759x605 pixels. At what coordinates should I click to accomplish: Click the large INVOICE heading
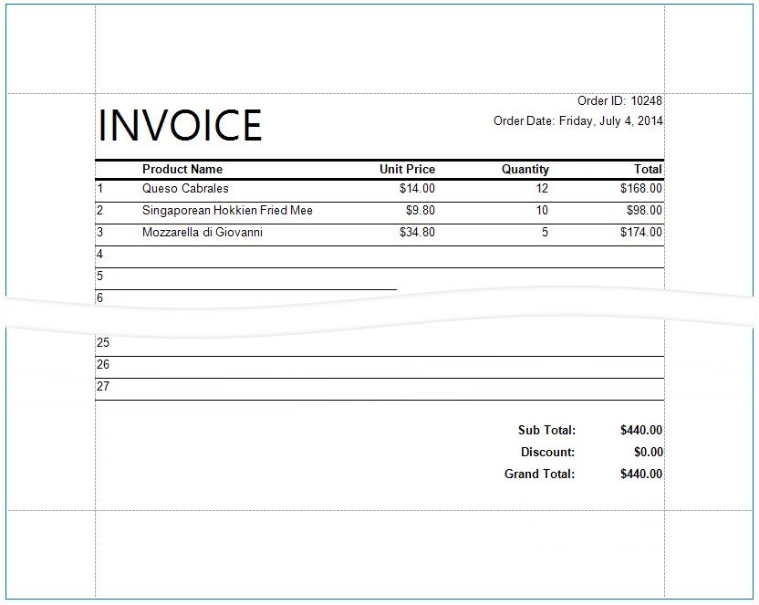pyautogui.click(x=180, y=125)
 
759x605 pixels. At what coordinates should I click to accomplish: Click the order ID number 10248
pyautogui.click(x=646, y=100)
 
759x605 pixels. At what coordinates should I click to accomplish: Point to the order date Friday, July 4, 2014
pyautogui.click(x=611, y=120)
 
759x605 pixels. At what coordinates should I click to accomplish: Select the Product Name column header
pyautogui.click(x=182, y=169)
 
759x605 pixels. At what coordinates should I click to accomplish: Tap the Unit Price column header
pyautogui.click(x=407, y=169)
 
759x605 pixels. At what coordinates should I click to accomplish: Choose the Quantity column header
pyautogui.click(x=525, y=169)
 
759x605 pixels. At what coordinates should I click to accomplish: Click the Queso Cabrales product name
pyautogui.click(x=185, y=189)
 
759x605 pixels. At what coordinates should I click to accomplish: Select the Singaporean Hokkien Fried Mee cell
pyautogui.click(x=227, y=211)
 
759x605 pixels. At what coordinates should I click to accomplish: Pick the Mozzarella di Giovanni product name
pyautogui.click(x=203, y=233)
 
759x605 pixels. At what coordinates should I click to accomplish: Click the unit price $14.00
pyautogui.click(x=417, y=189)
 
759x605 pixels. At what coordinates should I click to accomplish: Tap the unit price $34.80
pyautogui.click(x=417, y=233)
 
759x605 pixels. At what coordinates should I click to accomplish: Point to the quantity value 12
pyautogui.click(x=542, y=189)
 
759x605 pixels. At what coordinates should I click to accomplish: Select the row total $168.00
pyautogui.click(x=641, y=189)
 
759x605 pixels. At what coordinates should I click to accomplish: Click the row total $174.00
pyautogui.click(x=641, y=233)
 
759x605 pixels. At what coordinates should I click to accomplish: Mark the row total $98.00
pyautogui.click(x=644, y=211)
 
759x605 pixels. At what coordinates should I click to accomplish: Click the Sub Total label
pyautogui.click(x=546, y=431)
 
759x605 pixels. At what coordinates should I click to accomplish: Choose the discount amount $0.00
pyautogui.click(x=648, y=453)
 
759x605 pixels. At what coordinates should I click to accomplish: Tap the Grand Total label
pyautogui.click(x=539, y=475)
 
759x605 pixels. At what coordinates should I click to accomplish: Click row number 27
pyautogui.click(x=103, y=387)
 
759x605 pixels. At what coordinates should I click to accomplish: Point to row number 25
pyautogui.click(x=103, y=343)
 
